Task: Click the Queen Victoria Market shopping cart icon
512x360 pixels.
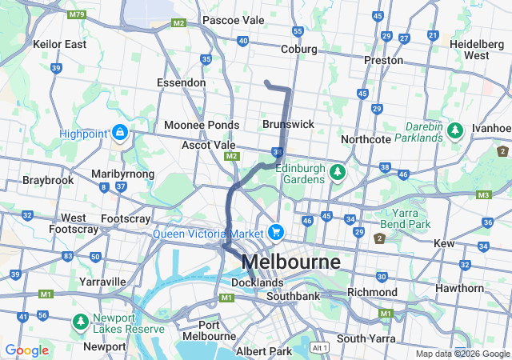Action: pos(276,232)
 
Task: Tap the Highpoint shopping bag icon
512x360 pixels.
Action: pos(119,131)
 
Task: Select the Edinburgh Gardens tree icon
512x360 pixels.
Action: pos(338,172)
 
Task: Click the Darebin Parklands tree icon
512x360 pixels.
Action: pos(455,129)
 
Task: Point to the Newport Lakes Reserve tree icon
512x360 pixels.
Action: pos(81,322)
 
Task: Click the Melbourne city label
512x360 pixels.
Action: pos(290,262)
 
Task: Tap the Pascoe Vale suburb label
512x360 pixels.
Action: pos(233,19)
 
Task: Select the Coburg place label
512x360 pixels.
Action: pos(299,50)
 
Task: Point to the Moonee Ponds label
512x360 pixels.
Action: pos(201,126)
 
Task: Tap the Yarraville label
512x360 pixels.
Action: pos(102,282)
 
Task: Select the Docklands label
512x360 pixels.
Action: pos(257,283)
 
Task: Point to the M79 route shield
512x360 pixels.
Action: pos(77,14)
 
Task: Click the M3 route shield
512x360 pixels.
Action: pos(482,194)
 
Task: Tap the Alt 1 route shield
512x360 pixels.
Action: pos(321,348)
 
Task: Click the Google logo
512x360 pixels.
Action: pos(26,350)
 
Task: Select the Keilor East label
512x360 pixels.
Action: pos(59,44)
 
